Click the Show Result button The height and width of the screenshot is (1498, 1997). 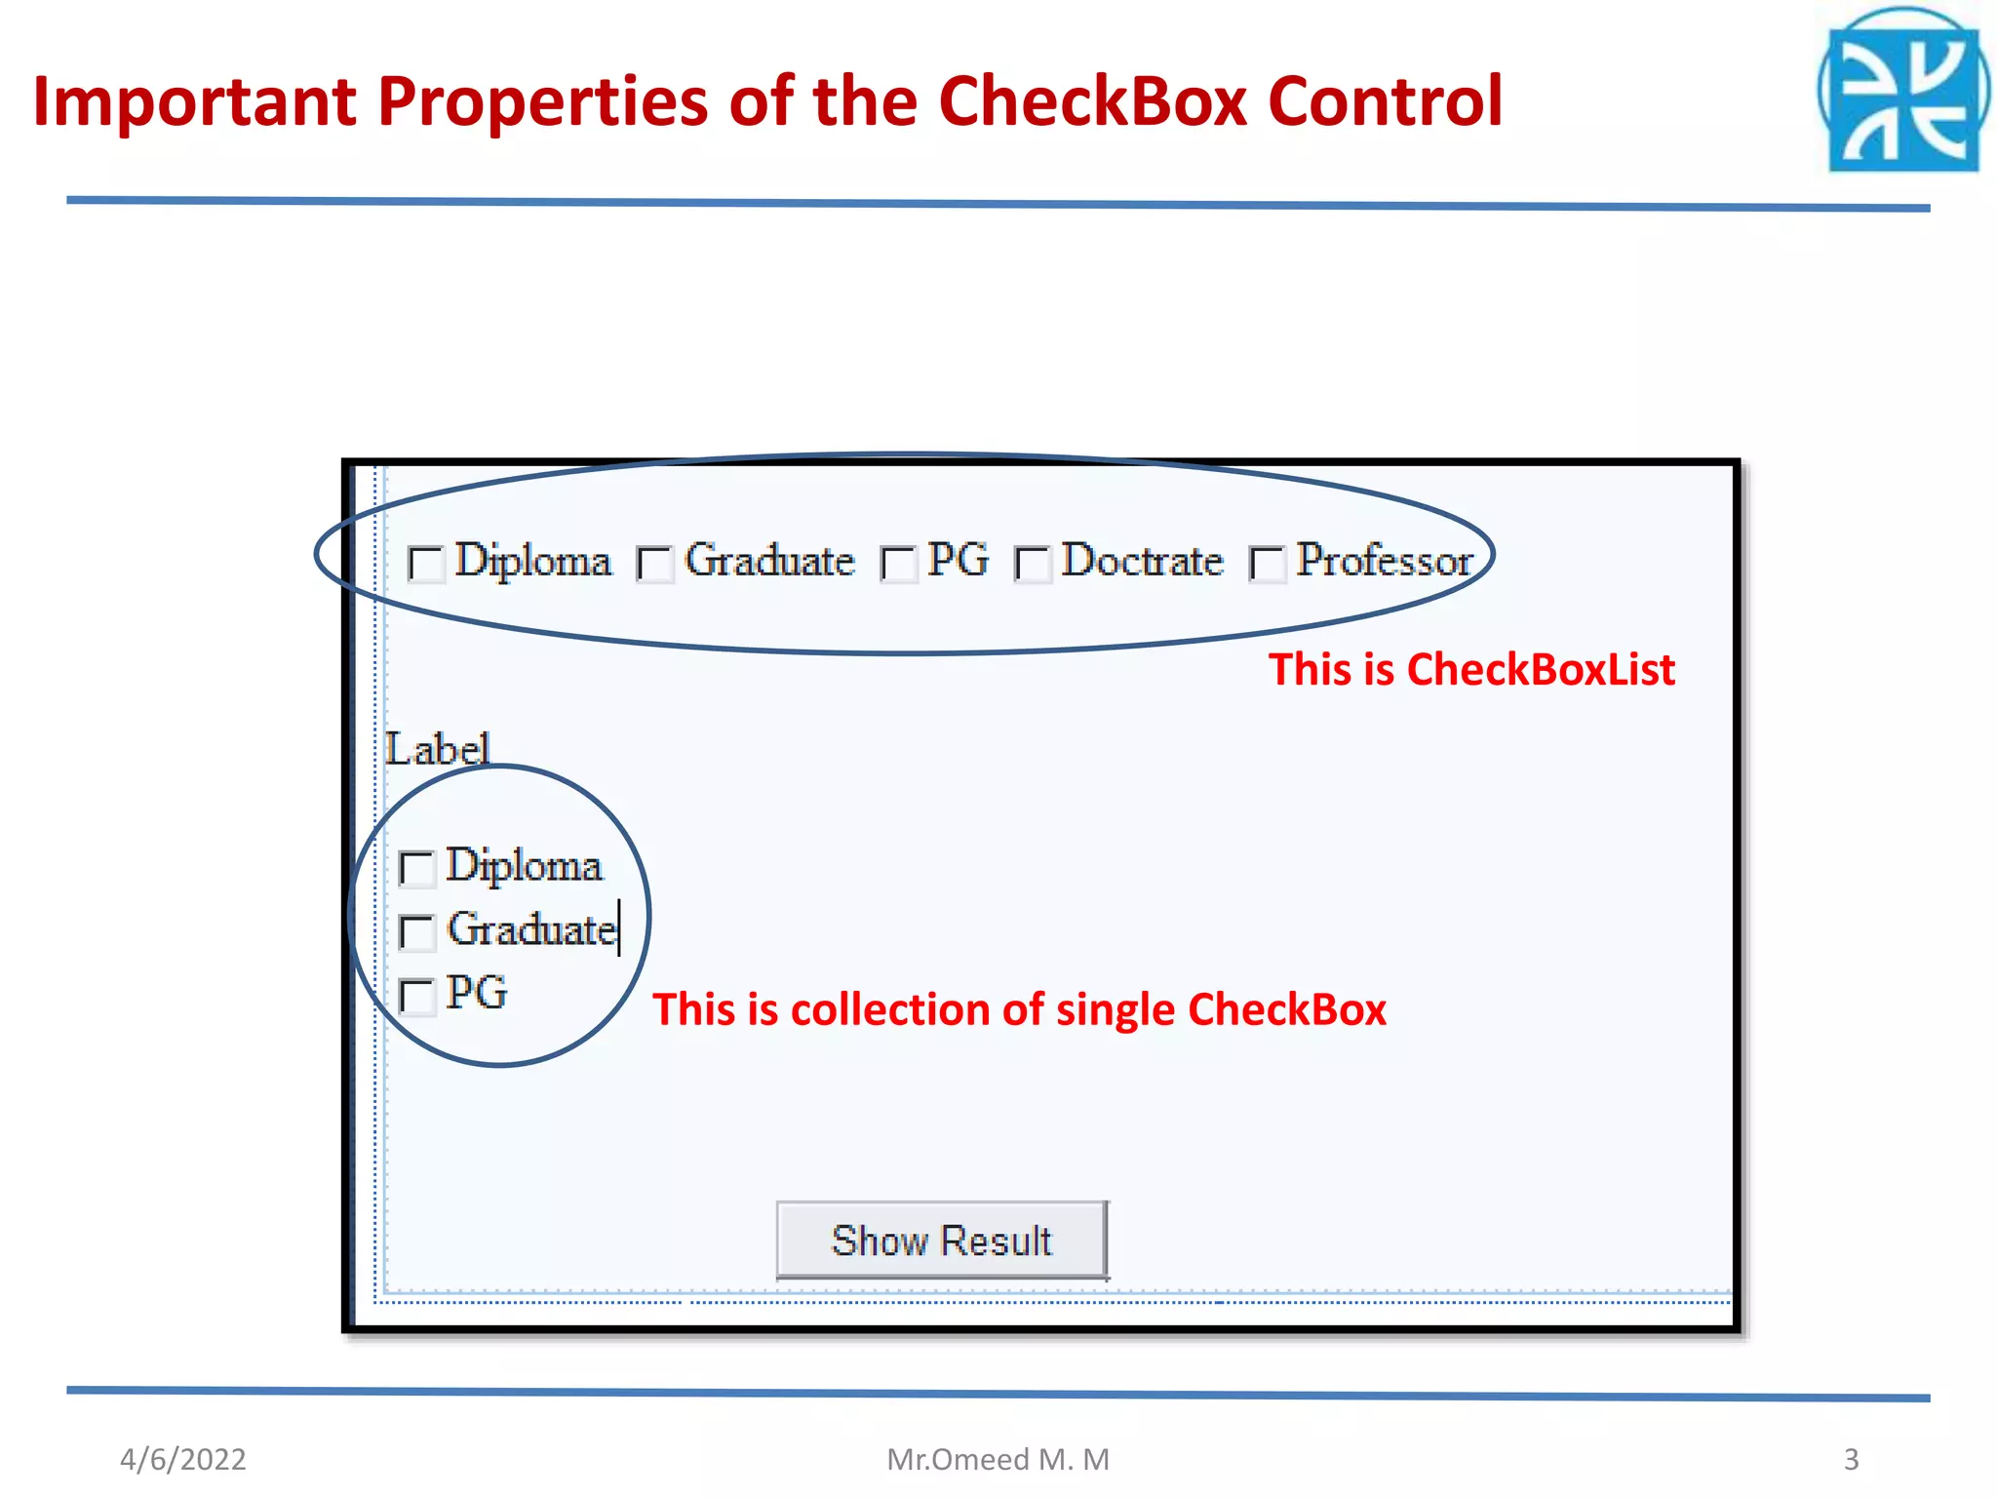(x=942, y=1240)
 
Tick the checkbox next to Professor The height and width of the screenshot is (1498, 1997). (x=1268, y=564)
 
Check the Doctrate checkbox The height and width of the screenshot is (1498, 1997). (x=1033, y=564)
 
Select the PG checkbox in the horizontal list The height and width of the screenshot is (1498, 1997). (x=898, y=564)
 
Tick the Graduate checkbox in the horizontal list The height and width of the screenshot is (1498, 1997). (x=655, y=564)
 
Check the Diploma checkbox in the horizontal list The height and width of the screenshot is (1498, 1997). (x=426, y=564)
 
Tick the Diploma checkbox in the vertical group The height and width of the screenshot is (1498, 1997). (x=417, y=868)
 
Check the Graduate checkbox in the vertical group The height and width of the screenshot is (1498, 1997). (x=417, y=931)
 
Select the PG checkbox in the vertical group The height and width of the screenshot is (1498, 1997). (x=417, y=996)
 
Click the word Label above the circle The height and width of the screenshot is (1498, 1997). (x=437, y=749)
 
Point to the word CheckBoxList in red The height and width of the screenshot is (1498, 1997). (x=1541, y=670)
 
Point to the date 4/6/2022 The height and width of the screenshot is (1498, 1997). (x=183, y=1459)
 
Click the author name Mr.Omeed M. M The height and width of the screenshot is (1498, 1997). (x=998, y=1459)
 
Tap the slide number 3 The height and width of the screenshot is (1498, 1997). (x=1851, y=1459)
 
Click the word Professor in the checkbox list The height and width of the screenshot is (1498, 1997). (x=1384, y=561)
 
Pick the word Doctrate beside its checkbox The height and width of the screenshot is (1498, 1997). (x=1142, y=561)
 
